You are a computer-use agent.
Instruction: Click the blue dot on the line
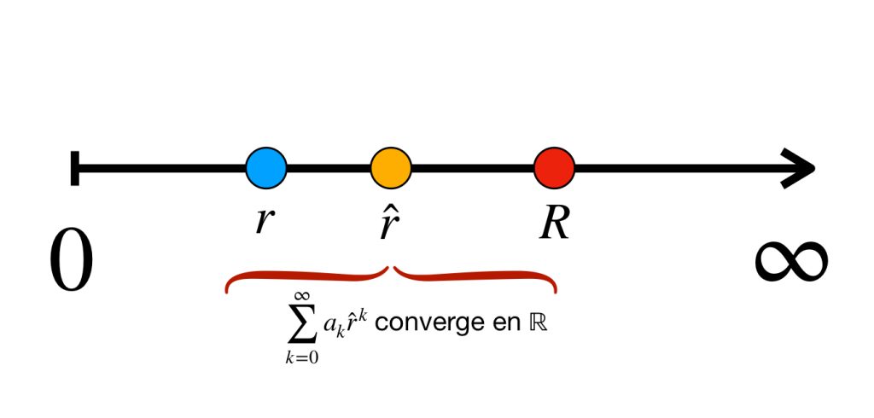[266, 167]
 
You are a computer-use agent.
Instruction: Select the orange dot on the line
[391, 167]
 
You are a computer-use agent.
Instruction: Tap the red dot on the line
[554, 167]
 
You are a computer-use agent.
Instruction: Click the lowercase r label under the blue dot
[265, 220]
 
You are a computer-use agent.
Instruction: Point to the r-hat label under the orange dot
[389, 220]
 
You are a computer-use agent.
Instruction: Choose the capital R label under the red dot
[554, 222]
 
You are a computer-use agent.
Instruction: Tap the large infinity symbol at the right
[790, 259]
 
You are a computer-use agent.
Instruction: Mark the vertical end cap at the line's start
[75, 167]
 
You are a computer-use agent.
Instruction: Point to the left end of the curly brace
[227, 290]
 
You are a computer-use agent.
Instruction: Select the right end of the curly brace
[555, 290]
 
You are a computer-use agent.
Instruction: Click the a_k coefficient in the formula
[331, 327]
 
